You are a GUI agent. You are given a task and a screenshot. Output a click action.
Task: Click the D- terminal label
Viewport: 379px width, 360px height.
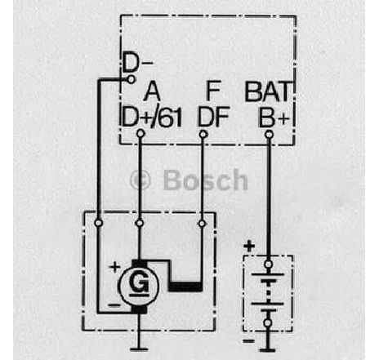pyautogui.click(x=137, y=63)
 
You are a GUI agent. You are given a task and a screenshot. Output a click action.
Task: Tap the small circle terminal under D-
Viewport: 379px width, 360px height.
pyautogui.click(x=132, y=79)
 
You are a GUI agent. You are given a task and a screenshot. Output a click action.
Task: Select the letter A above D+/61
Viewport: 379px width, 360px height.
pyautogui.click(x=152, y=91)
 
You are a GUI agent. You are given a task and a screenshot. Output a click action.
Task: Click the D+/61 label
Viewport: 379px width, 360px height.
pyautogui.click(x=152, y=118)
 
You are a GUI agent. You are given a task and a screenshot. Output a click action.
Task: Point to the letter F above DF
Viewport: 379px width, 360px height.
pyautogui.click(x=213, y=91)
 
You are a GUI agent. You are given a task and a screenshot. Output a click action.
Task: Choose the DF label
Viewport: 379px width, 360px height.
pyautogui.click(x=213, y=118)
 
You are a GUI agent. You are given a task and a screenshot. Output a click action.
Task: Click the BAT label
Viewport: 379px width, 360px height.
pyautogui.click(x=268, y=91)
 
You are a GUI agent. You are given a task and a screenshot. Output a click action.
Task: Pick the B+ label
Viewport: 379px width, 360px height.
pyautogui.click(x=274, y=118)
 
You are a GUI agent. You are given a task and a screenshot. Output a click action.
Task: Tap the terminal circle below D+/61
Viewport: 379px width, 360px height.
pyautogui.click(x=140, y=134)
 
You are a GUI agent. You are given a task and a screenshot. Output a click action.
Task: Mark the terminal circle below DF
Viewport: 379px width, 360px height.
pyautogui.click(x=203, y=134)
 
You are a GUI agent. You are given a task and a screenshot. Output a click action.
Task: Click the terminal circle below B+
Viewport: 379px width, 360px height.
pyautogui.click(x=269, y=134)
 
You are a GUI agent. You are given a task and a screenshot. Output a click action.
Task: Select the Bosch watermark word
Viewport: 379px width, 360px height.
pyautogui.click(x=206, y=180)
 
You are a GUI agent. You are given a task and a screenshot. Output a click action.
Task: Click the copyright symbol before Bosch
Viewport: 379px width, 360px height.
pyautogui.click(x=140, y=180)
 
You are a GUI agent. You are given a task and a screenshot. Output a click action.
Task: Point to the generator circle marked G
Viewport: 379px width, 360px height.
pyautogui.click(x=139, y=285)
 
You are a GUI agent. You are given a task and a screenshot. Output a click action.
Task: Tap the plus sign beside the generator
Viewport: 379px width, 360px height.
pyautogui.click(x=114, y=267)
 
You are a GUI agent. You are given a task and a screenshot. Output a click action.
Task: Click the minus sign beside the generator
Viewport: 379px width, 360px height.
pyautogui.click(x=114, y=305)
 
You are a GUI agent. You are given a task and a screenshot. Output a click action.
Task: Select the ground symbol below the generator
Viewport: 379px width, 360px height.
pyautogui.click(x=139, y=349)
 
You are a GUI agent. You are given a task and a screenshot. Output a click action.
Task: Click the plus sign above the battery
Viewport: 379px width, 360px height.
pyautogui.click(x=249, y=247)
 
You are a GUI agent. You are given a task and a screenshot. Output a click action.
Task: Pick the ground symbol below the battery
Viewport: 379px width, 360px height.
pyautogui.click(x=268, y=349)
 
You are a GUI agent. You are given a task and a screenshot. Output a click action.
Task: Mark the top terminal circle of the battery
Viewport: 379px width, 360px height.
pyautogui.click(x=268, y=264)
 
